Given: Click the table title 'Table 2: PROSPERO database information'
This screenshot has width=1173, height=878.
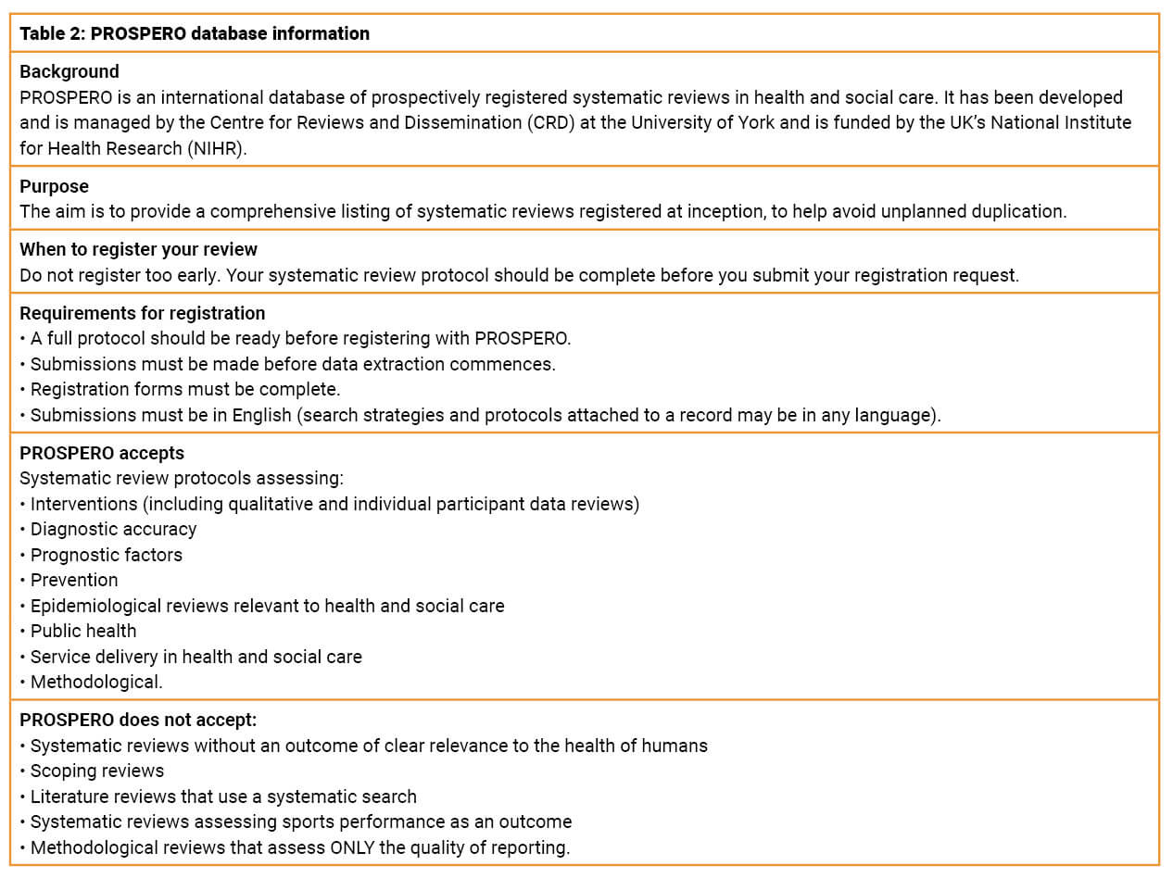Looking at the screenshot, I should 195,34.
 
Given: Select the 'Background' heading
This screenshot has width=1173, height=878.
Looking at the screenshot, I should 69,72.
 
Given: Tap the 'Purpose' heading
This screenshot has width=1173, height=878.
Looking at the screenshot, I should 55,186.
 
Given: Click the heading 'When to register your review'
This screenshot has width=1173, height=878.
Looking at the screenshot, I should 139,250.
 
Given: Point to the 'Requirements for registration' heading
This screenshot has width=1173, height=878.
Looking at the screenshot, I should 143,313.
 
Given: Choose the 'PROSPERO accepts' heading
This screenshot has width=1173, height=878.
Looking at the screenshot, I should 102,454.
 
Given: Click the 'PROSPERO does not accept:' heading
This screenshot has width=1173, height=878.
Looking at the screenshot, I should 138,720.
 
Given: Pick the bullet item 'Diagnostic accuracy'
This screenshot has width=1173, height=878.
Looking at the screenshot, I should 113,530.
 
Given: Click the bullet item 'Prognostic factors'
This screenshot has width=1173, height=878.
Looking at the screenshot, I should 107,555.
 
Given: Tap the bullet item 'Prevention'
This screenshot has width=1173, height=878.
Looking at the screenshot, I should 74,581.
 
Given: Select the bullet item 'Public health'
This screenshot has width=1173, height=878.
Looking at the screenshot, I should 83,632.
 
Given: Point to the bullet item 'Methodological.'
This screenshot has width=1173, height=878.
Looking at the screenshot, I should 96,683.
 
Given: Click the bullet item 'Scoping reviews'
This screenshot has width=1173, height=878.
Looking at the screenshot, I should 97,771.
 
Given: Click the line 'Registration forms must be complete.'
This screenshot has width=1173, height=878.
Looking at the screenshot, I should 185,390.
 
